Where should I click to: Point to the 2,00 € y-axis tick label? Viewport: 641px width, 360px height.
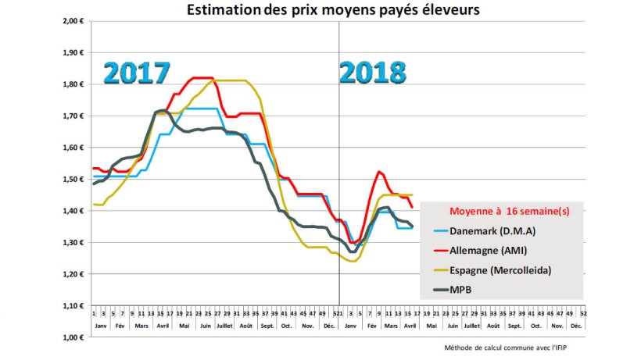[x=73, y=22]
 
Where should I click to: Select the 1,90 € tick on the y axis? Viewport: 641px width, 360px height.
[x=73, y=53]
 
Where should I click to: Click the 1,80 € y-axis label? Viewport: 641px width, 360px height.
[x=73, y=84]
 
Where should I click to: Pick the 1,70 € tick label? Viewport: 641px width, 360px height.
[x=73, y=116]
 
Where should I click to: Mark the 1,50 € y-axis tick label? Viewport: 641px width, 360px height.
[x=73, y=180]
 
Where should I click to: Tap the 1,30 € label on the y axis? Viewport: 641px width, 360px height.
[x=73, y=243]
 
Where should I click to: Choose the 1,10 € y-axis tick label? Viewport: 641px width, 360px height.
[x=73, y=306]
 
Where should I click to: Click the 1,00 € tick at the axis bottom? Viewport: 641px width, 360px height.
[x=73, y=337]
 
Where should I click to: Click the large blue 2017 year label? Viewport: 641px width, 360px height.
[x=138, y=73]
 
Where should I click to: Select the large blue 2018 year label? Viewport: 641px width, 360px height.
[x=373, y=73]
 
